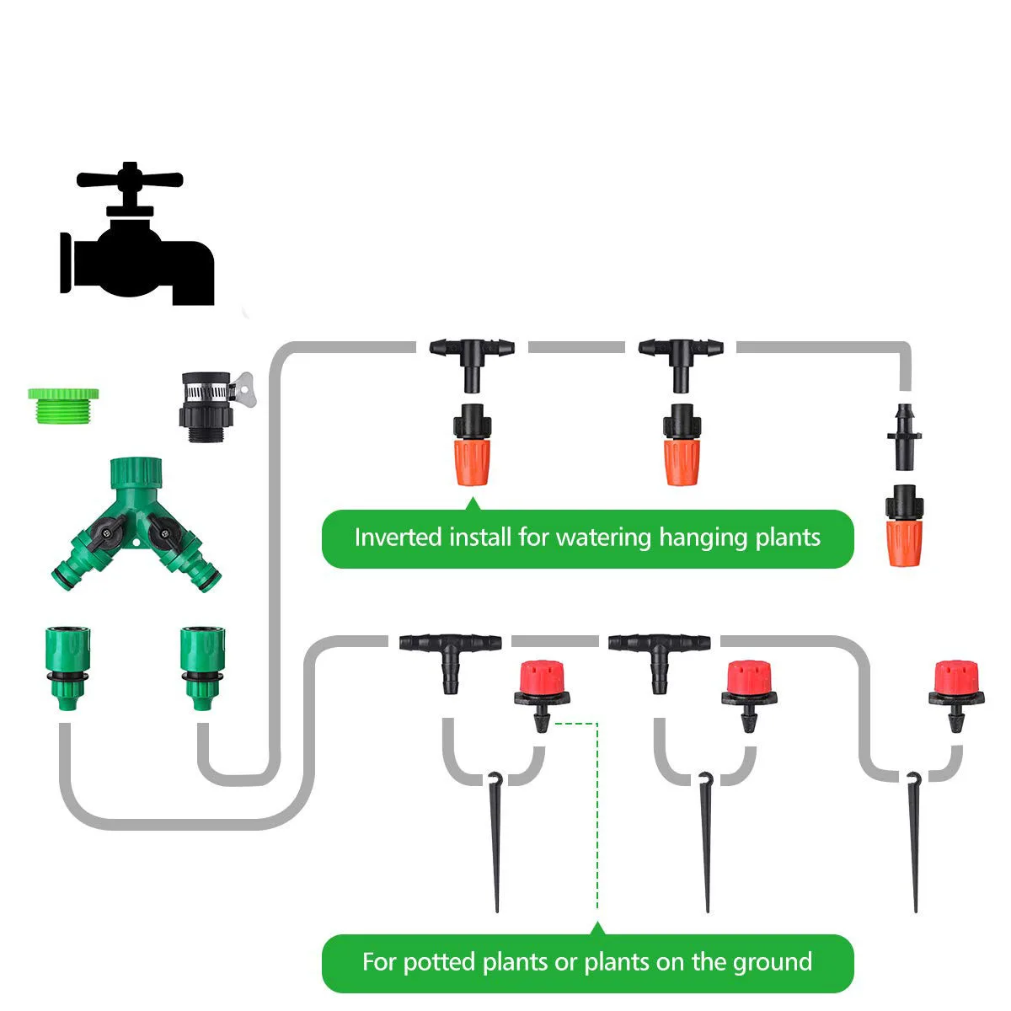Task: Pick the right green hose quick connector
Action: [202, 666]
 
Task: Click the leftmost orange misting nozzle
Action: [472, 446]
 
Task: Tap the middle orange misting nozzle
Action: [681, 446]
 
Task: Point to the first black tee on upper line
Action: [472, 358]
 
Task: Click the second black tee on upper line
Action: [681, 358]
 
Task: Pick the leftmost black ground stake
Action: [495, 842]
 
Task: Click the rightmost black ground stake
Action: [915, 842]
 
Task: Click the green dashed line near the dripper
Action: [597, 809]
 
